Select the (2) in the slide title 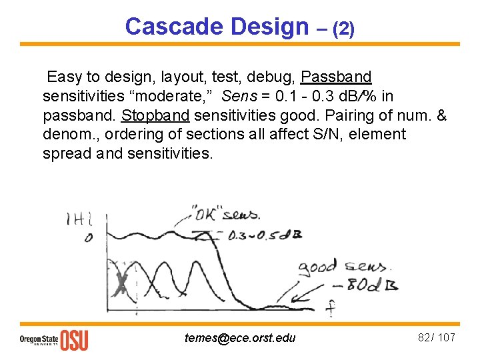point(343,29)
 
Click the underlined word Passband point(336,76)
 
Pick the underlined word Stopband point(155,115)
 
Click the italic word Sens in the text point(239,95)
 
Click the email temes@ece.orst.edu point(239,338)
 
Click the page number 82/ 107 point(436,337)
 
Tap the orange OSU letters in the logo point(74,339)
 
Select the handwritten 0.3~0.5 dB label point(257,235)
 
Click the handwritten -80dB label point(374,285)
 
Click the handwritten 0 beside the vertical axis point(89,238)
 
